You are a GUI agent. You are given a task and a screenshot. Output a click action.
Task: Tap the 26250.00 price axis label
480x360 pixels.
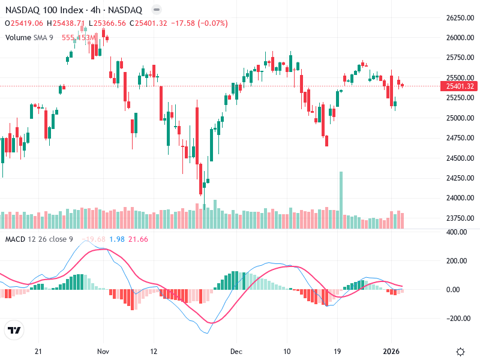[x=460, y=18]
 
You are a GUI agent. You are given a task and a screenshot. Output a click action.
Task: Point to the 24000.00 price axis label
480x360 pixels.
[x=460, y=198]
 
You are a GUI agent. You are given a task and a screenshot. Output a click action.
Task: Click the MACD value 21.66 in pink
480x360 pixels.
[x=139, y=239]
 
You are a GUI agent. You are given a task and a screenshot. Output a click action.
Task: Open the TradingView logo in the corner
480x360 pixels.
[x=14, y=330]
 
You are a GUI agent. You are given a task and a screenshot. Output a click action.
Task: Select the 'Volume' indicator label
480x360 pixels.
[x=17, y=37]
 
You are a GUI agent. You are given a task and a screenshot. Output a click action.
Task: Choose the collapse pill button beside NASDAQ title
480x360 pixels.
[x=157, y=10]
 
